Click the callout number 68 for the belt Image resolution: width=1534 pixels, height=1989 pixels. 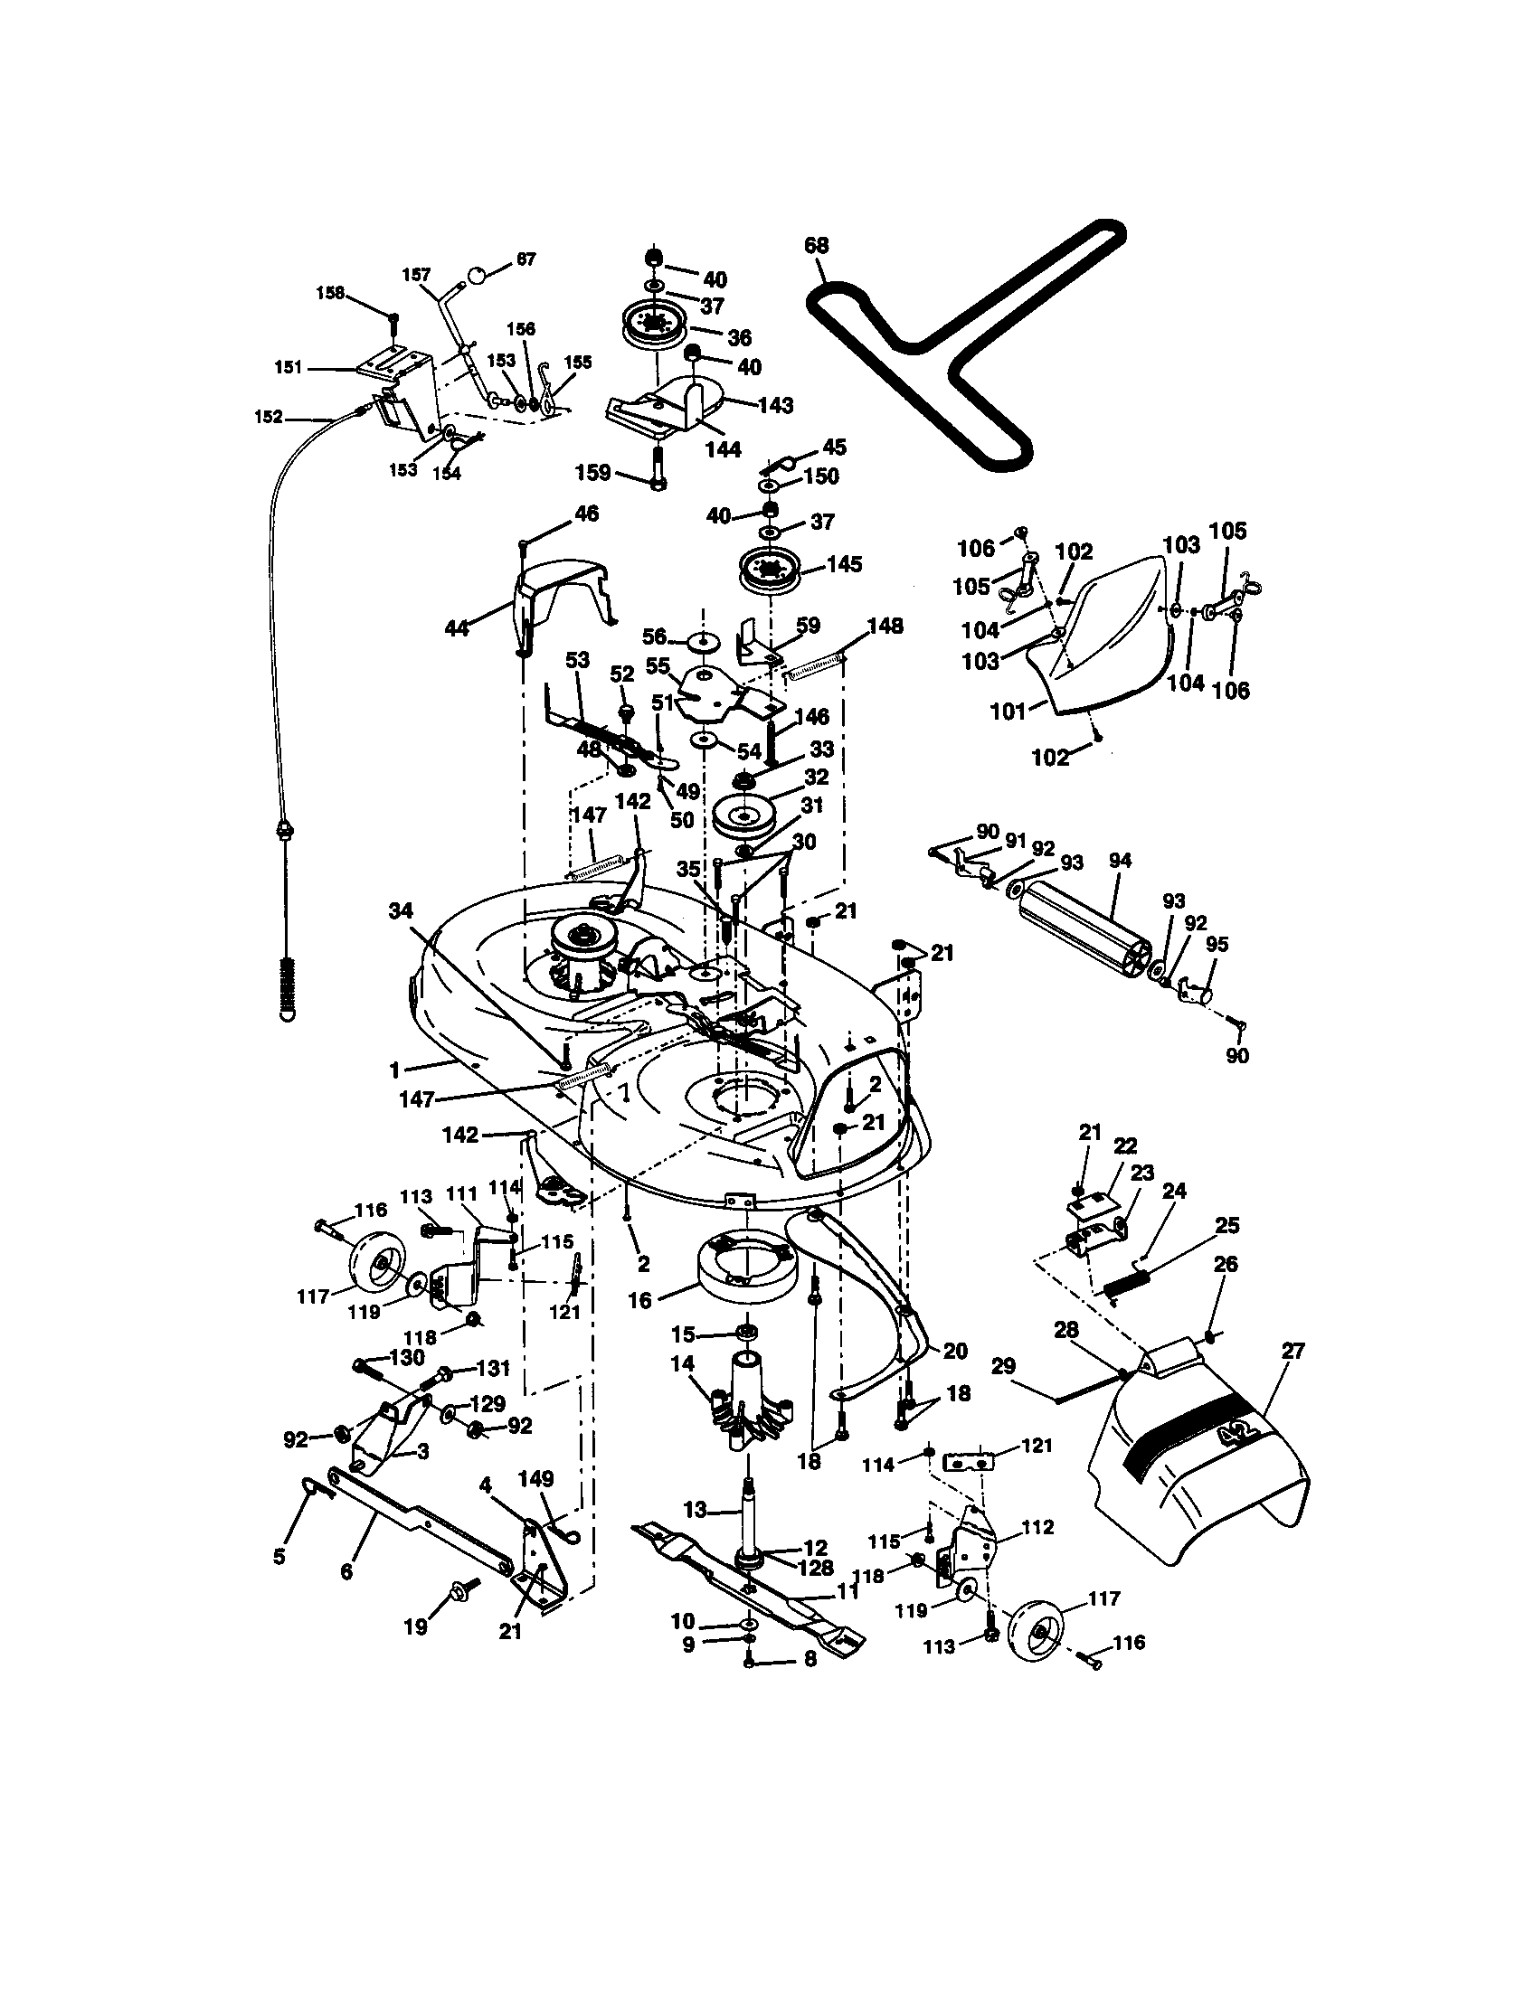[x=817, y=245]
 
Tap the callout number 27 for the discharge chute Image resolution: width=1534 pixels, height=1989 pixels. [x=1293, y=1351]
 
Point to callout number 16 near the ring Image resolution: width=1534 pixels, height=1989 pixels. [x=640, y=1299]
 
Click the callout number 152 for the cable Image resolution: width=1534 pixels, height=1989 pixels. [x=268, y=417]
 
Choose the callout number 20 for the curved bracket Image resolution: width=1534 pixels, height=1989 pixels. [x=954, y=1350]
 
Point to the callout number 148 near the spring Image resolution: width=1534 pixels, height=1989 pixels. [x=885, y=626]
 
